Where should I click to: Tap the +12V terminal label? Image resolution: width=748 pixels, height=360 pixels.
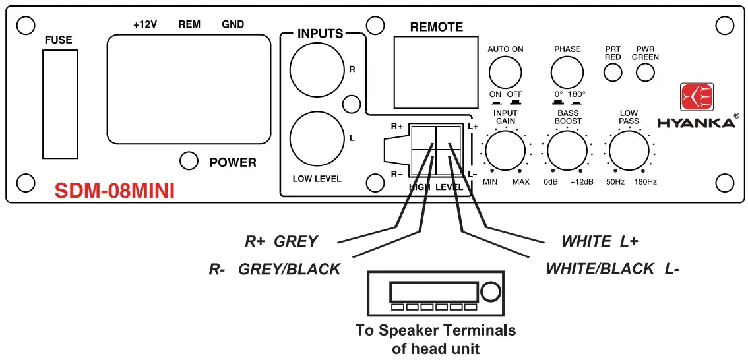[145, 24]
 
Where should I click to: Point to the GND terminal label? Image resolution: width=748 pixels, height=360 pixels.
[233, 24]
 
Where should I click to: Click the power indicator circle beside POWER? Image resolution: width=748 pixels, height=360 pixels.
[189, 160]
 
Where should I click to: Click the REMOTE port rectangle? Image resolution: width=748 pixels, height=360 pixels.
[436, 72]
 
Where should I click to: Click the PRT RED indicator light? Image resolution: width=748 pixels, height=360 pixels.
[613, 72]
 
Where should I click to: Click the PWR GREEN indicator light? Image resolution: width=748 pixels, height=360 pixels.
[645, 72]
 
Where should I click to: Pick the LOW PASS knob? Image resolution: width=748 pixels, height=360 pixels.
[629, 150]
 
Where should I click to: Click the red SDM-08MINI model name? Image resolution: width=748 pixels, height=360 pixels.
[114, 191]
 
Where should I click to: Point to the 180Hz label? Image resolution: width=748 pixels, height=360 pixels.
[645, 181]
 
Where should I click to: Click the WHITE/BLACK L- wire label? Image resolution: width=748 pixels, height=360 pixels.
[612, 268]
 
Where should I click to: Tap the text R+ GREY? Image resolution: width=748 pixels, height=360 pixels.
[281, 241]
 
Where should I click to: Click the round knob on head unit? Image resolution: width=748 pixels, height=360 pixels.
[490, 292]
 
